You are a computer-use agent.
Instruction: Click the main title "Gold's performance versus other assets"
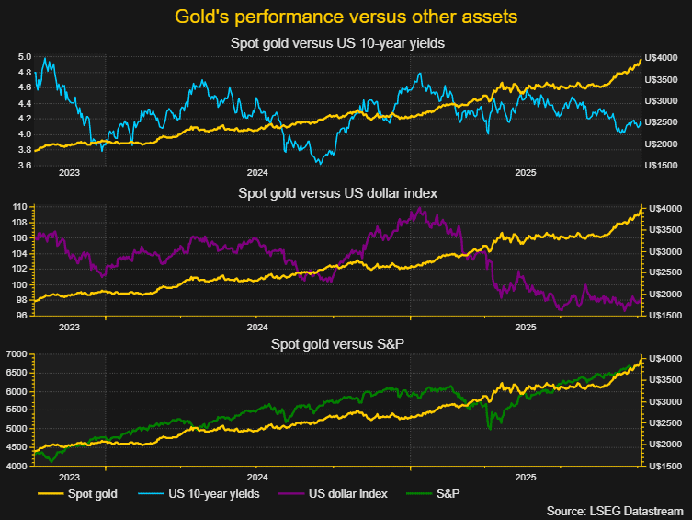[x=346, y=17]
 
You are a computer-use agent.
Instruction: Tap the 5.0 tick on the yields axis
[x=24, y=57]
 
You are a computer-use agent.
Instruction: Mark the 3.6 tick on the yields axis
[x=24, y=166]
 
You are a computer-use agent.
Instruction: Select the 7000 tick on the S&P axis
[x=19, y=354]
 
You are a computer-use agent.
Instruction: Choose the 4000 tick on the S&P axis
[x=19, y=466]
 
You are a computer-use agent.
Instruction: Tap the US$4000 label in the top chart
[x=664, y=57]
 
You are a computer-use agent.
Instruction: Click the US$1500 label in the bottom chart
[x=664, y=466]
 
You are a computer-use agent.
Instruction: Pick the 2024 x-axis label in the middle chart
[x=257, y=326]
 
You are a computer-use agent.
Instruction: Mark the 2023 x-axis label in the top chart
[x=69, y=173]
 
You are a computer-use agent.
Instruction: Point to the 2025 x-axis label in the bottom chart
[x=526, y=478]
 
